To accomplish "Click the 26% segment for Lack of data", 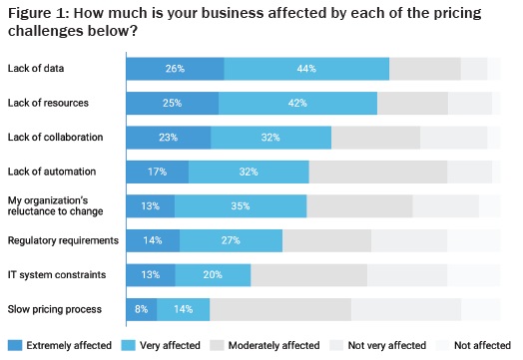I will tap(175, 69).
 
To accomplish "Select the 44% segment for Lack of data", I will tap(306, 69).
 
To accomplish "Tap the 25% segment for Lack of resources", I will tap(172, 103).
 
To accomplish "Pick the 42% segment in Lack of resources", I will tap(297, 103).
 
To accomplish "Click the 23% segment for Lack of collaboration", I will tap(168, 138).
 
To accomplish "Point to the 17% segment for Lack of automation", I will tap(157, 172).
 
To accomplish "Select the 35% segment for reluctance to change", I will tap(241, 206).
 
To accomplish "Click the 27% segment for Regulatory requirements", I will tap(231, 240).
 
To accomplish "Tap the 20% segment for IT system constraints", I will tap(213, 275).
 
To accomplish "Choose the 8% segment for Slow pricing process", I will tap(141, 309).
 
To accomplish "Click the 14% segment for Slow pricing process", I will tap(183, 309).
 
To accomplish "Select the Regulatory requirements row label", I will tap(63, 240).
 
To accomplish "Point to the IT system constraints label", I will tap(57, 275).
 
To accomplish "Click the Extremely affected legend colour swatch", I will tap(13, 345).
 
